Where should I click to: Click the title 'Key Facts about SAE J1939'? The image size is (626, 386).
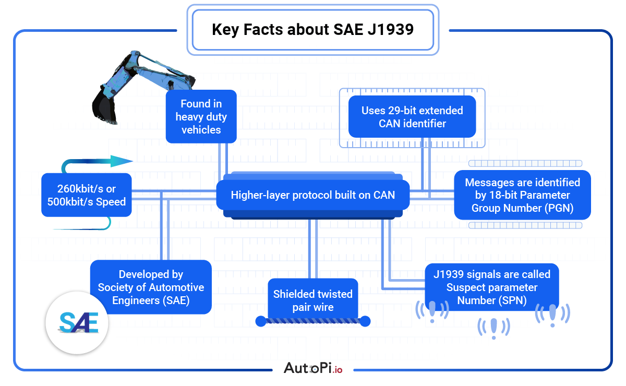312,29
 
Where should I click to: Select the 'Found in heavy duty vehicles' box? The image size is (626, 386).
201,117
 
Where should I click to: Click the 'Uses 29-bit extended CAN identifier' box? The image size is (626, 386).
412,117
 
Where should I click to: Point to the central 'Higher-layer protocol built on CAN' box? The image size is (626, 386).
312,195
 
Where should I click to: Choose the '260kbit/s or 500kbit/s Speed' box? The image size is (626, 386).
87,195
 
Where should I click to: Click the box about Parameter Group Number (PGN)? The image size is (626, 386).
522,195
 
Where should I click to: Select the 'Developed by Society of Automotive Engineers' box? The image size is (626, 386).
151,287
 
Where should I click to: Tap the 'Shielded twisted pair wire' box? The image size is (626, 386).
313,300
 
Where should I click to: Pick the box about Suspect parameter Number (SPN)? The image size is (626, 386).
491,287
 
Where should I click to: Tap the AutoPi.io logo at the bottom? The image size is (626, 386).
313,368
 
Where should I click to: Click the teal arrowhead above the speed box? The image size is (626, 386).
121,161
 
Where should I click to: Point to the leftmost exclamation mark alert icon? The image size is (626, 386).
431,311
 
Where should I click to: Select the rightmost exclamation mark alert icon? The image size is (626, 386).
552,315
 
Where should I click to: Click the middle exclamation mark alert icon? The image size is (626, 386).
493,328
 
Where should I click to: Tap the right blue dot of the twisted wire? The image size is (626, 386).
365,321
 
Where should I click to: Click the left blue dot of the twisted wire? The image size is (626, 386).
261,321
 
